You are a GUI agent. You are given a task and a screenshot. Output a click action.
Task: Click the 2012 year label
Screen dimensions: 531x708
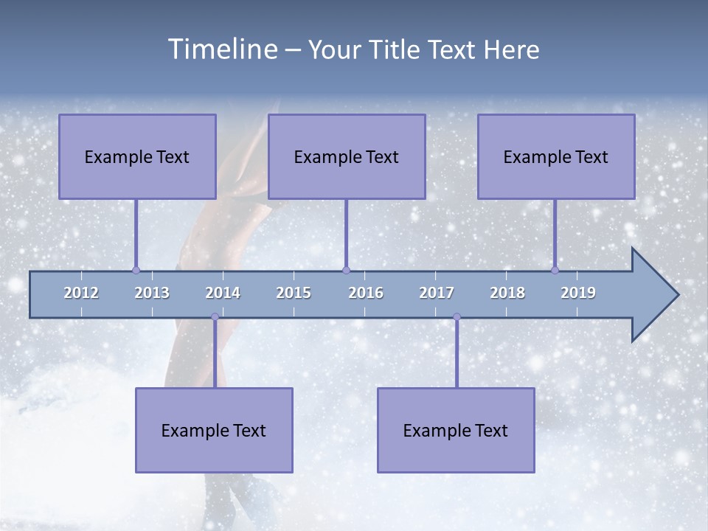(x=81, y=293)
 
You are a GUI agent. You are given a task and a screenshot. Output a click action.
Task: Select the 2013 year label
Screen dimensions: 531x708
(x=152, y=293)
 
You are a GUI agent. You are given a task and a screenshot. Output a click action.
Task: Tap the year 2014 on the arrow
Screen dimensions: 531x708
(x=223, y=293)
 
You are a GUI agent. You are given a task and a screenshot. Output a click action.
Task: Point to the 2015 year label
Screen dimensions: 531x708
(x=294, y=293)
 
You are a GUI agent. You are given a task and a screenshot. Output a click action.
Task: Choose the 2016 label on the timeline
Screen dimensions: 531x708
(x=366, y=293)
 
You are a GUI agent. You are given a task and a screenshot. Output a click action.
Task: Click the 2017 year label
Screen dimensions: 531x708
(x=437, y=293)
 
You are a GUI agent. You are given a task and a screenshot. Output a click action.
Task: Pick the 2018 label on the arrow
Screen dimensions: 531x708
(x=507, y=293)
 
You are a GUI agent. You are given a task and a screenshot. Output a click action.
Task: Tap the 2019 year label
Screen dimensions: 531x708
(x=578, y=293)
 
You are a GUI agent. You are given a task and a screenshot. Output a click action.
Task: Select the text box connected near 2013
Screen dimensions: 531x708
(x=137, y=156)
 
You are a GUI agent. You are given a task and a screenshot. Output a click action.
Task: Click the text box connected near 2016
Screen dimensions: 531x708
(x=347, y=156)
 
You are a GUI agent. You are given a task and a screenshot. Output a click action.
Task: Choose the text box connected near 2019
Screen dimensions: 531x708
(x=556, y=156)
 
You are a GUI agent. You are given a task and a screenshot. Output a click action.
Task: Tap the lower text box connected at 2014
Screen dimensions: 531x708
(x=214, y=430)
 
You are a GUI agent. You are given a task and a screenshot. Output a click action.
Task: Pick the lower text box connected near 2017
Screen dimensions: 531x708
(x=456, y=430)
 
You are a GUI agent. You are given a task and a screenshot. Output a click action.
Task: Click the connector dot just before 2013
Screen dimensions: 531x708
(x=136, y=270)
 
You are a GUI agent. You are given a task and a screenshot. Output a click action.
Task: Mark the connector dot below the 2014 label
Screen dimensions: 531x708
(x=215, y=317)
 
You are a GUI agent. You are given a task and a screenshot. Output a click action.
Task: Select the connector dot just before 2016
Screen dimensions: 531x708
(x=346, y=270)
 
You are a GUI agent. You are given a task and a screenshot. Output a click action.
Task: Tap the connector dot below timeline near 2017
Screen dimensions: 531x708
(x=457, y=317)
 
